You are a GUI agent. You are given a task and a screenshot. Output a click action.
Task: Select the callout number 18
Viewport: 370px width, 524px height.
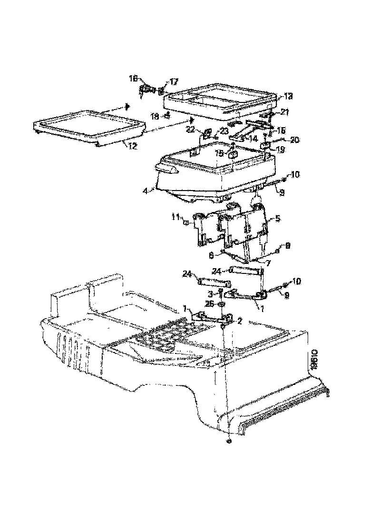tap(155, 116)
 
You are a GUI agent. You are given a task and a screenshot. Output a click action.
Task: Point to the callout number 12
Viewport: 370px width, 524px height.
tap(132, 147)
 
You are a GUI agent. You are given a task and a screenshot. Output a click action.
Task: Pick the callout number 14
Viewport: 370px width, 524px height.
tap(252, 139)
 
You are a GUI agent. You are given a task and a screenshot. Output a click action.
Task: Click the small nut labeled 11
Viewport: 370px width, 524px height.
tap(187, 222)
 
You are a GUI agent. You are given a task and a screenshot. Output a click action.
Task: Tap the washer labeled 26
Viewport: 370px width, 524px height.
tap(222, 304)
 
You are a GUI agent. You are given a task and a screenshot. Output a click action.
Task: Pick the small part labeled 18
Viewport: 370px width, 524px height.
tap(167, 115)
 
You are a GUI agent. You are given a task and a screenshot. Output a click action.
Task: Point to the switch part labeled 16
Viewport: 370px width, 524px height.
tap(146, 90)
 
